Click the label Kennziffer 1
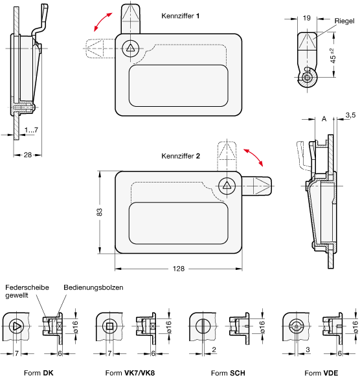[x=181, y=16]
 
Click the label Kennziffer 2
[x=181, y=156]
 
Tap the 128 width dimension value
[x=179, y=269]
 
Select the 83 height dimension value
[x=99, y=212]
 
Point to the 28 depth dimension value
[x=28, y=155]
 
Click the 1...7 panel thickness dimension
[x=31, y=130]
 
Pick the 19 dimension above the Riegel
[x=307, y=18]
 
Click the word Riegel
[x=344, y=21]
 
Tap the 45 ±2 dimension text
[x=333, y=56]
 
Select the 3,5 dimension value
[x=350, y=115]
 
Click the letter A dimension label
[x=324, y=118]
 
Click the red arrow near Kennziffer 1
[x=103, y=22]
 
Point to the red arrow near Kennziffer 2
[x=253, y=158]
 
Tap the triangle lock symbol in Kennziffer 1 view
[x=130, y=48]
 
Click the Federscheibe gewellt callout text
[x=27, y=291]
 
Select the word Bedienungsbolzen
[x=93, y=287]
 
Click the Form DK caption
[x=39, y=373]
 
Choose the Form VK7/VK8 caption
[x=130, y=373]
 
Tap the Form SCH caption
[x=228, y=373]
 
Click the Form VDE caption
[x=321, y=373]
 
